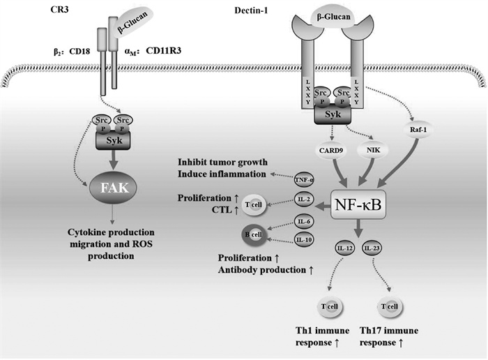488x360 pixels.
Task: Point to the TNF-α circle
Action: pyautogui.click(x=304, y=179)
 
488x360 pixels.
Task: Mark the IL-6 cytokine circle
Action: pyautogui.click(x=304, y=222)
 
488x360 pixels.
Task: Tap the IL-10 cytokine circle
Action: pyautogui.click(x=304, y=240)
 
